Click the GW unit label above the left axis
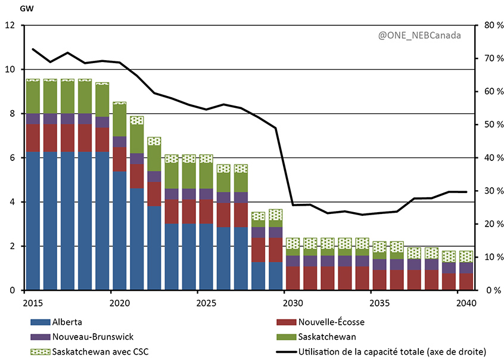point(10,10)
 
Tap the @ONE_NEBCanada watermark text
point(419,35)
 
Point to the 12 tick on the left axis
point(10,26)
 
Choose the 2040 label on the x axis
point(465,303)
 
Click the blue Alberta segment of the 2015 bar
point(33,221)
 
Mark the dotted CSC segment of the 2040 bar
point(466,256)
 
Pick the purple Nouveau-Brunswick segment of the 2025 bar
point(206,194)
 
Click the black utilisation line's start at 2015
point(33,49)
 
